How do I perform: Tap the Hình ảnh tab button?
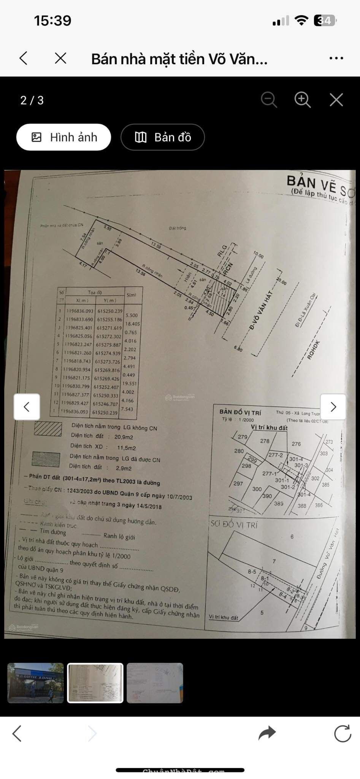(63, 137)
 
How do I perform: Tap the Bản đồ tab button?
(163, 137)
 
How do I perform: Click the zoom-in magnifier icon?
(303, 100)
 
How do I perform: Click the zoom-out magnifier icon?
(269, 100)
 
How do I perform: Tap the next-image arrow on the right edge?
(333, 407)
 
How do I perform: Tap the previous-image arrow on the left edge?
(27, 407)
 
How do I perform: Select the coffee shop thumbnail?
(36, 683)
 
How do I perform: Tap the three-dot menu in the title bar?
(336, 59)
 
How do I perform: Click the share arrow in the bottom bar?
(267, 733)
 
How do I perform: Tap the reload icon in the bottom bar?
(342, 733)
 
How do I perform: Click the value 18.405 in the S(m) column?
(132, 324)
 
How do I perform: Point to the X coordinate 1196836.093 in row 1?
(79, 311)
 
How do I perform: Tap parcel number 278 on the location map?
(265, 441)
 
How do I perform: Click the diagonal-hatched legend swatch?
(48, 429)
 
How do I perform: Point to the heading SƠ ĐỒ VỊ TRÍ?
(234, 525)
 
